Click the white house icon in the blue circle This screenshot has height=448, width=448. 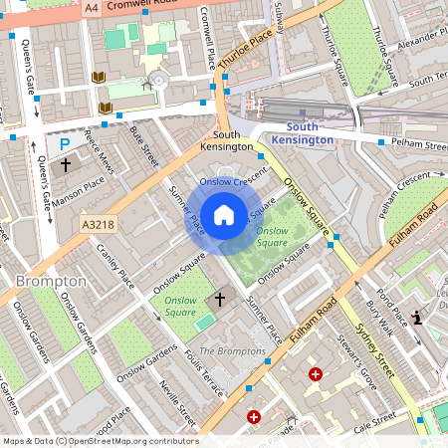[x=224, y=214]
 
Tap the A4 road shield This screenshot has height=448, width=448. [x=92, y=8]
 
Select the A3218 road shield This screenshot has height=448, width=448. [x=101, y=226]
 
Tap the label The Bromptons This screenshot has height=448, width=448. [x=232, y=352]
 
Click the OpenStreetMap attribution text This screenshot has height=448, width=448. [x=100, y=441]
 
